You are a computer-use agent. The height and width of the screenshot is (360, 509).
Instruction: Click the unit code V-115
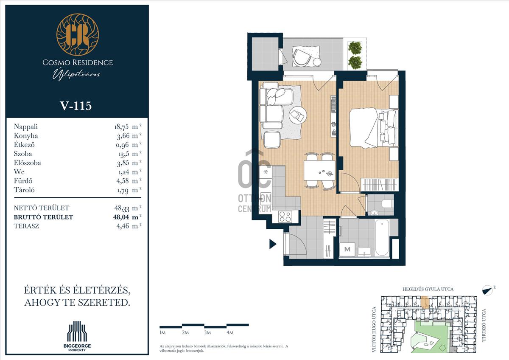click(x=76, y=106)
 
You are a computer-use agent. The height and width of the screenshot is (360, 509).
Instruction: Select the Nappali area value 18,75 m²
click(x=128, y=127)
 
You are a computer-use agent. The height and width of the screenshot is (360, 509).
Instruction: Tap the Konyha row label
click(x=26, y=136)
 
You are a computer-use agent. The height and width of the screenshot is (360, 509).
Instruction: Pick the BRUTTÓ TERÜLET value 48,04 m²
click(x=127, y=217)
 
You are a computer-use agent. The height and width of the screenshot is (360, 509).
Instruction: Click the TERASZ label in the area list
click(x=26, y=226)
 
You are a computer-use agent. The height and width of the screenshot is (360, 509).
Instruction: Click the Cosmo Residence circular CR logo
click(x=78, y=34)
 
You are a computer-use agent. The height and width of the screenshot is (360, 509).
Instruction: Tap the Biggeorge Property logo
click(x=77, y=336)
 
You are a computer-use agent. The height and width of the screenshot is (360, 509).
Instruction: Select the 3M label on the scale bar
click(x=207, y=332)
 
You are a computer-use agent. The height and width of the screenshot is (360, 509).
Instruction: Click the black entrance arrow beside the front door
click(x=273, y=244)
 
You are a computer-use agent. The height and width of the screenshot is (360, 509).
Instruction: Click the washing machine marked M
click(x=347, y=250)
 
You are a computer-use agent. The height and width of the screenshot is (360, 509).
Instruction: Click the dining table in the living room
click(x=319, y=170)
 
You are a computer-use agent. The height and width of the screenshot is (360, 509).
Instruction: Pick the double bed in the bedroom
click(x=374, y=128)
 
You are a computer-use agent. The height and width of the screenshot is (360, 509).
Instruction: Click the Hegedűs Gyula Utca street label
click(x=428, y=289)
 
